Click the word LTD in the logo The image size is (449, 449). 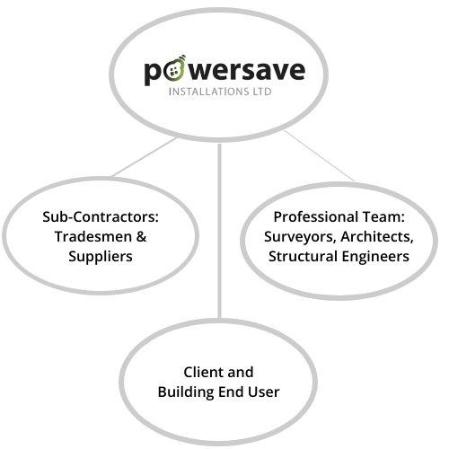262,92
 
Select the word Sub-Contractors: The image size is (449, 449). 101,216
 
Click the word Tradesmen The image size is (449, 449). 93,236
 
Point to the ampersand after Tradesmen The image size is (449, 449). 142,236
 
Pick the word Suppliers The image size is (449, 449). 101,257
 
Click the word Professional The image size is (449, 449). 316,216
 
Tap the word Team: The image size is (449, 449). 383,216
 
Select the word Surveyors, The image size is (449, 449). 300,237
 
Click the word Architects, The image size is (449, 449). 377,237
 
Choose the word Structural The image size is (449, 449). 303,257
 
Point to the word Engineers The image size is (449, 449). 375,257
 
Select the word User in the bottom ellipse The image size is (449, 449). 264,392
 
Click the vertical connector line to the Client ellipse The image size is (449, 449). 220,231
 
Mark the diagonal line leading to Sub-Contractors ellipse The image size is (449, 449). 144,157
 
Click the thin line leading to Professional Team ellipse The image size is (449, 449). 320,156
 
